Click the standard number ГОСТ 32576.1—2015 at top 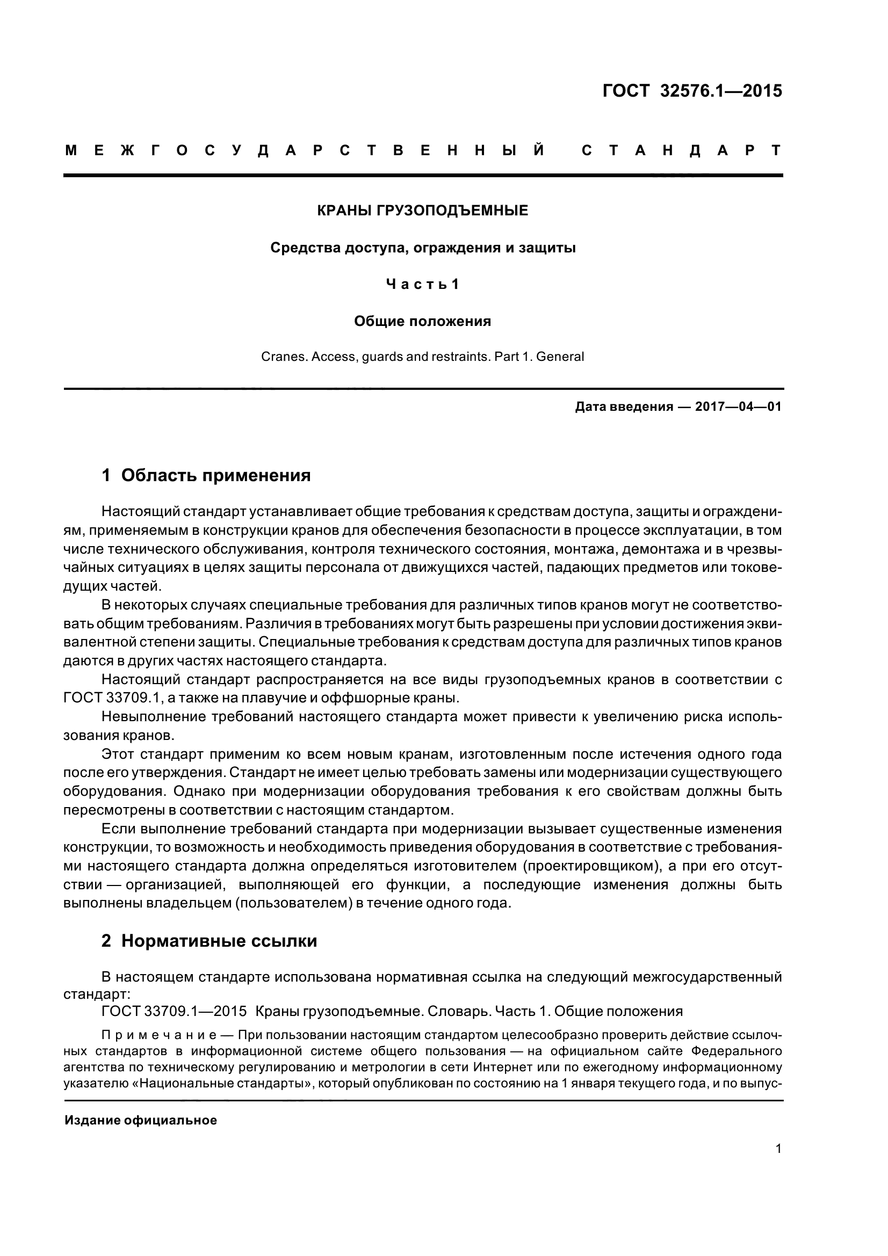pyautogui.click(x=692, y=91)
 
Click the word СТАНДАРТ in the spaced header pyautogui.click(x=681, y=151)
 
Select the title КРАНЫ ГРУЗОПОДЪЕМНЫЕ pyautogui.click(x=422, y=210)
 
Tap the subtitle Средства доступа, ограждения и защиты pyautogui.click(x=423, y=248)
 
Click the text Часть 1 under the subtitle pyautogui.click(x=422, y=284)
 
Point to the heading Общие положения pyautogui.click(x=422, y=321)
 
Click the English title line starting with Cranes pyautogui.click(x=422, y=357)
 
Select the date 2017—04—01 pyautogui.click(x=738, y=407)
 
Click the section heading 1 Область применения pyautogui.click(x=206, y=475)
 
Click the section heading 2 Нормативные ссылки pyautogui.click(x=209, y=941)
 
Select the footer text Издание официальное pyautogui.click(x=141, y=1120)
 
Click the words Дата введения pyautogui.click(x=624, y=407)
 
